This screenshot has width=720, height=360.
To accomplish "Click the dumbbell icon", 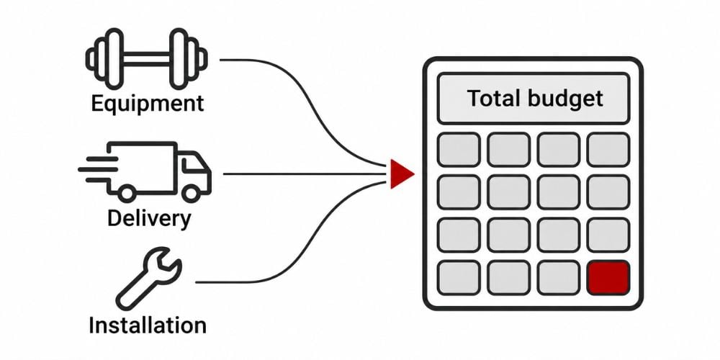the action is tap(146, 59).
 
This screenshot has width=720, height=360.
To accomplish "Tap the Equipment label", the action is tap(148, 103).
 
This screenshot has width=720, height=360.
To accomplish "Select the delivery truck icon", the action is tap(145, 171).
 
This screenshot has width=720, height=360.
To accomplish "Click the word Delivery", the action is tap(149, 219).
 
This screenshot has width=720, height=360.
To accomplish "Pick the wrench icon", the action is tap(148, 278).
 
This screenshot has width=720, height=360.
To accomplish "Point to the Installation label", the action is tap(148, 325).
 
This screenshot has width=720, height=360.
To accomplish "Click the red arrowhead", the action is tap(402, 174).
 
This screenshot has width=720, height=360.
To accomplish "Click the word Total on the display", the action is tap(494, 98).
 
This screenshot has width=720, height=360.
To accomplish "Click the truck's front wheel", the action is tap(191, 193).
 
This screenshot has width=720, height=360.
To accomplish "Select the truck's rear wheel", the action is tap(127, 193).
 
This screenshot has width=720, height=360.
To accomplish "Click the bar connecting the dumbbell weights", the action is tap(146, 59).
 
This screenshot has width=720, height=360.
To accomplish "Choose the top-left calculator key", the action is tap(459, 149).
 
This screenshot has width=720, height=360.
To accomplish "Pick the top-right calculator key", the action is tap(608, 149).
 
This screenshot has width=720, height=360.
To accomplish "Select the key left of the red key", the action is tap(559, 278).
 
